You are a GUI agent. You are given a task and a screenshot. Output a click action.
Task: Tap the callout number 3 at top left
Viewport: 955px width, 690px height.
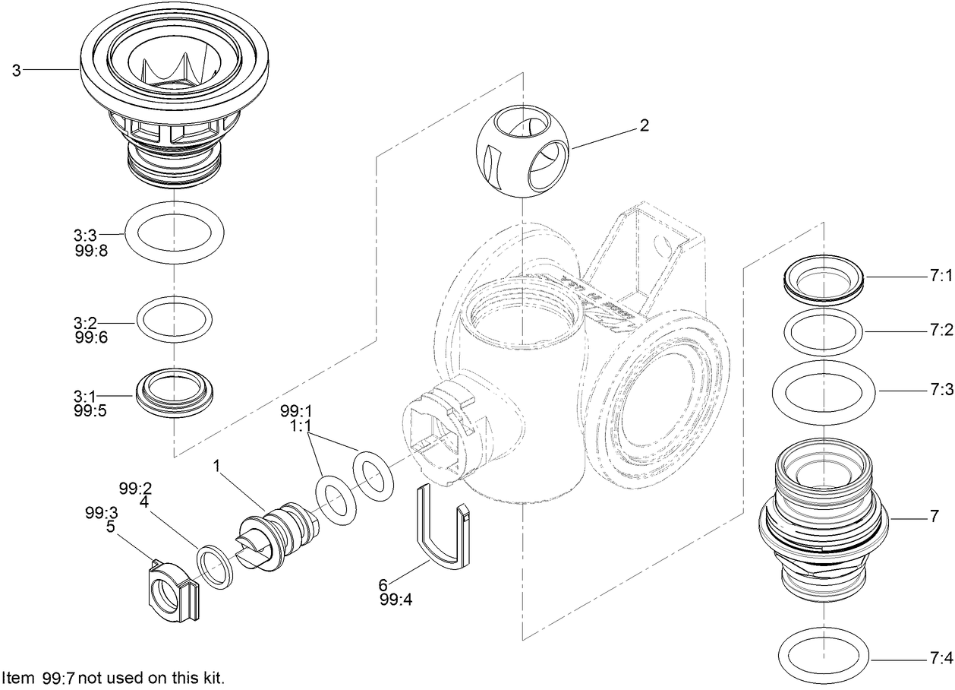(16, 70)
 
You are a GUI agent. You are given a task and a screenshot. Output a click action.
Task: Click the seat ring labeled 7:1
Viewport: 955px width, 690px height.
(824, 283)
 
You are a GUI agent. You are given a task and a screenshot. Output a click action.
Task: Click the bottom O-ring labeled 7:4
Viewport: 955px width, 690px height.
(824, 656)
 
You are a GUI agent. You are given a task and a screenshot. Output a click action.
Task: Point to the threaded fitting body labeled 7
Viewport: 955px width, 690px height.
(824, 517)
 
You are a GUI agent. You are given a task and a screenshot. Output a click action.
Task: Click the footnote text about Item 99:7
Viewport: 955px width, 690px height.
(113, 677)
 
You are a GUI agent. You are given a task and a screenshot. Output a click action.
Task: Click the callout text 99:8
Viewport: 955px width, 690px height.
(91, 250)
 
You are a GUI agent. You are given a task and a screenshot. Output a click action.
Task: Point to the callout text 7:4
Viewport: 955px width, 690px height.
(940, 657)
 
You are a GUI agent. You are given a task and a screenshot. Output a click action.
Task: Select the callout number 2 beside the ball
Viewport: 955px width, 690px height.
(644, 126)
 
